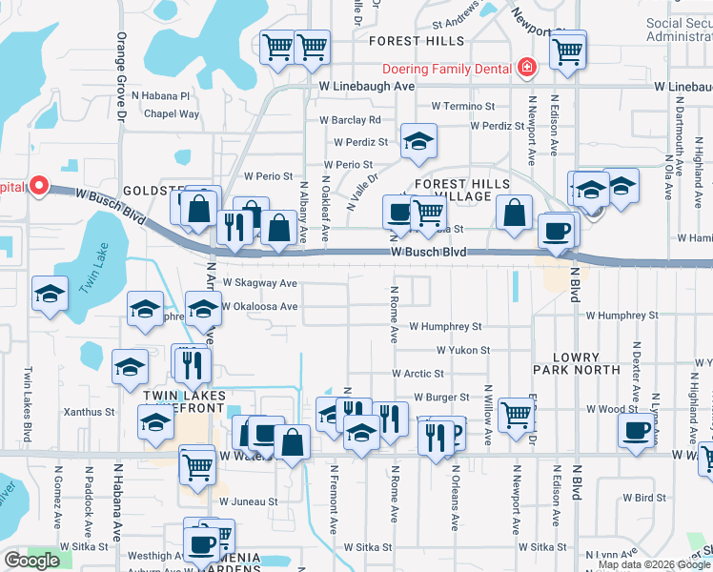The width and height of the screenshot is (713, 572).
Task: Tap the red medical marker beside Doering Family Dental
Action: pyautogui.click(x=525, y=68)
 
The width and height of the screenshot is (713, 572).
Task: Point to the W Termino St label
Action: pyautogui.click(x=463, y=107)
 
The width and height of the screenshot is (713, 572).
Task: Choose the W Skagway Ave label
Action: pyautogui.click(x=259, y=283)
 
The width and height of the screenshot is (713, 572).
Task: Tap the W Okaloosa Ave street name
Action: pyautogui.click(x=259, y=307)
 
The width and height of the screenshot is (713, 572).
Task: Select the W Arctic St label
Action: pyautogui.click(x=418, y=375)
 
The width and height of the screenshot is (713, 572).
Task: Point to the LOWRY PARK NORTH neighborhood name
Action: pyautogui.click(x=577, y=365)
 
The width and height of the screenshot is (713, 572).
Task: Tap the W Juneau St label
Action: pyautogui.click(x=248, y=500)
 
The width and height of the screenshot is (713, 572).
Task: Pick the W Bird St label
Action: pyautogui.click(x=643, y=498)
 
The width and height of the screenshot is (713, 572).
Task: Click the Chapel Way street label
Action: pyautogui.click(x=172, y=113)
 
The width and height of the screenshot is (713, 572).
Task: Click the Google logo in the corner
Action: pyautogui.click(x=31, y=561)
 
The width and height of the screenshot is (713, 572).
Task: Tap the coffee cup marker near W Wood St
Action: pyautogui.click(x=636, y=428)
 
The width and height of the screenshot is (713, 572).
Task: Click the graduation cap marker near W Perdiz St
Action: pyautogui.click(x=417, y=141)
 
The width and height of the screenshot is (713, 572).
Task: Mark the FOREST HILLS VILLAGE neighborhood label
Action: pyautogui.click(x=461, y=190)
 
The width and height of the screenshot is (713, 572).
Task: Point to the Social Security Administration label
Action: pyautogui.click(x=678, y=30)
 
